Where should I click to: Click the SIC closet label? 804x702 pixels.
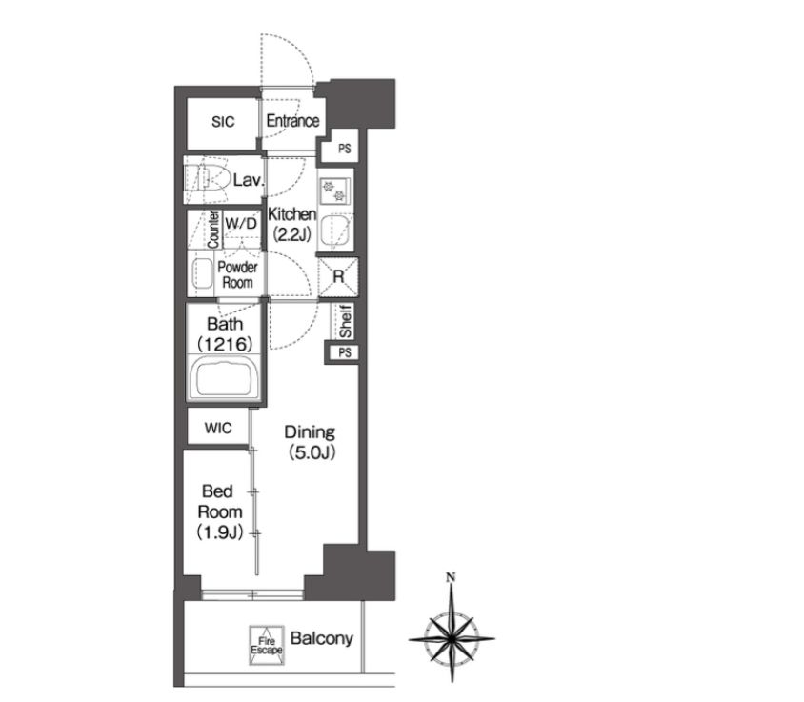[223, 122]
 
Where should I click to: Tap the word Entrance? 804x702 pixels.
[292, 121]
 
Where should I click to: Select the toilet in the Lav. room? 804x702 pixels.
[207, 179]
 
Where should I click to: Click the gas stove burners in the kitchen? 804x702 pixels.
[333, 191]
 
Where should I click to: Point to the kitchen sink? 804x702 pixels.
[334, 230]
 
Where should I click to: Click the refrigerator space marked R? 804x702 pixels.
[338, 277]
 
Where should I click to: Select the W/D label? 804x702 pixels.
[240, 223]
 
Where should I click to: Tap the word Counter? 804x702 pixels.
[213, 230]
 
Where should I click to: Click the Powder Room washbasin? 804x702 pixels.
[202, 273]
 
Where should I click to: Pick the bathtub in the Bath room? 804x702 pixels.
[224, 378]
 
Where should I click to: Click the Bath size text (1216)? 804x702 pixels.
[225, 344]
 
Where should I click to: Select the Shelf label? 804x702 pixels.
[346, 321]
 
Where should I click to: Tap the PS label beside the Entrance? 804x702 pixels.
[345, 149]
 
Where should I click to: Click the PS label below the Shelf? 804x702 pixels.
[345, 352]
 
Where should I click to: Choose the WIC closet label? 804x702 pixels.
[218, 428]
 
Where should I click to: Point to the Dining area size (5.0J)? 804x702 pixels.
[312, 452]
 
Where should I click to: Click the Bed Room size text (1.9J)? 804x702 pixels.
[219, 532]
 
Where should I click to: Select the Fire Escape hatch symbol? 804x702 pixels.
[267, 645]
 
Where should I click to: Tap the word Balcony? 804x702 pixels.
[321, 638]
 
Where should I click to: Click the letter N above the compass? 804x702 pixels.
[451, 577]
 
